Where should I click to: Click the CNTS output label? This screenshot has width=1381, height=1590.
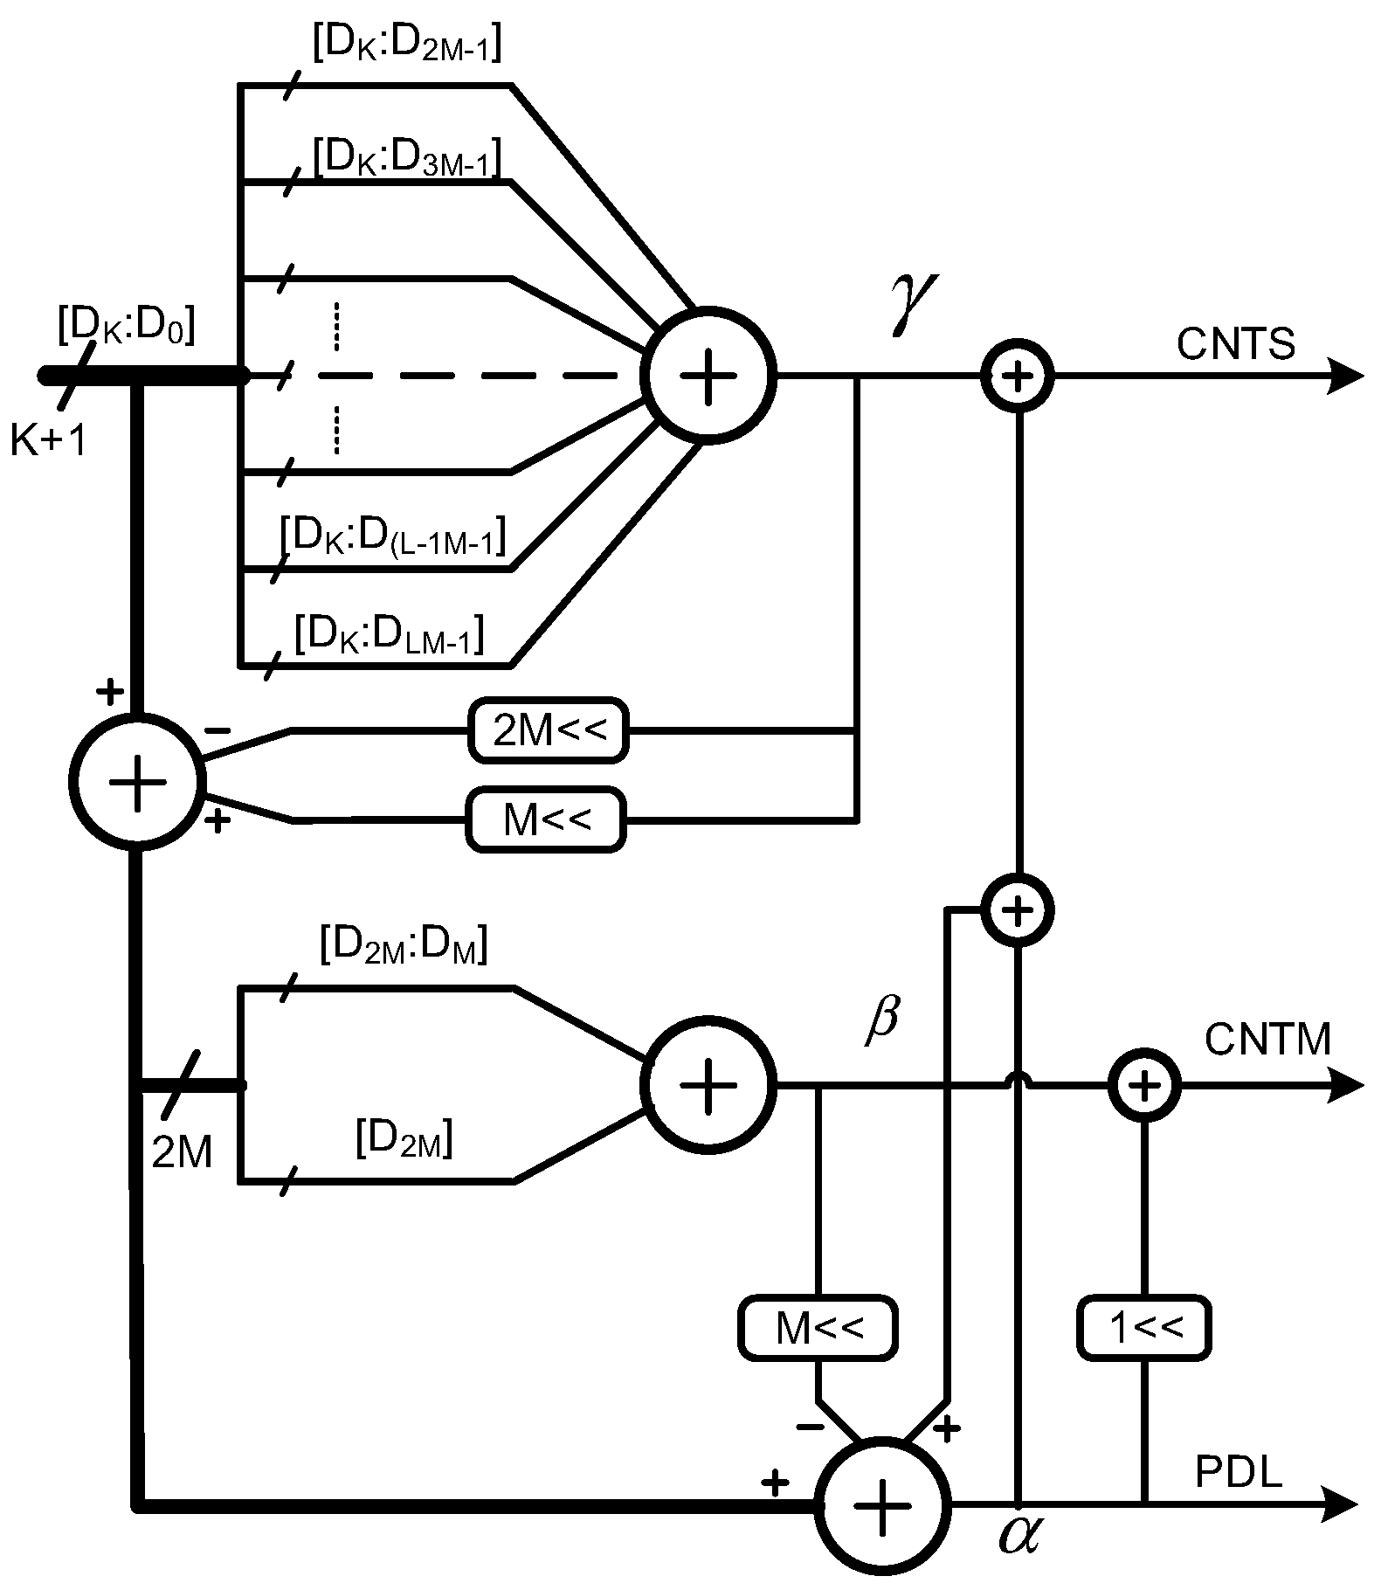pyautogui.click(x=1235, y=345)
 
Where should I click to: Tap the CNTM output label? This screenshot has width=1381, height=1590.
pyautogui.click(x=1267, y=1040)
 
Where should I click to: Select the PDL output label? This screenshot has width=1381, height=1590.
pyautogui.click(x=1238, y=1473)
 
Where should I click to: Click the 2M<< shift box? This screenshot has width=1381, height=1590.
pyautogui.click(x=549, y=729)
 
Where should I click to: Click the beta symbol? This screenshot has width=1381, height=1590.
pyautogui.click(x=882, y=1019)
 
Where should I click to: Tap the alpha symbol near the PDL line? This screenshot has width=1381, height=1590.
pyautogui.click(x=1019, y=1534)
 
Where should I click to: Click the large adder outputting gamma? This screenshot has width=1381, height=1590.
pyautogui.click(x=708, y=375)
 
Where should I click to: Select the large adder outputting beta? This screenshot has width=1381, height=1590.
pyautogui.click(x=708, y=1084)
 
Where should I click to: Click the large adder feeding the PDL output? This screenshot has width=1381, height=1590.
pyautogui.click(x=881, y=1504)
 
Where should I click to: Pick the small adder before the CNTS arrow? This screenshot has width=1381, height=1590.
pyautogui.click(x=1018, y=377)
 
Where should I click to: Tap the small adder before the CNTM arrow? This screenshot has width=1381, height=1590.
pyautogui.click(x=1144, y=1086)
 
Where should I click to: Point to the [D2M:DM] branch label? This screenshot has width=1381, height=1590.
pyautogui.click(x=403, y=945)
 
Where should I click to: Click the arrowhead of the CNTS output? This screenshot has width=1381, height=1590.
pyautogui.click(x=1345, y=377)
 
